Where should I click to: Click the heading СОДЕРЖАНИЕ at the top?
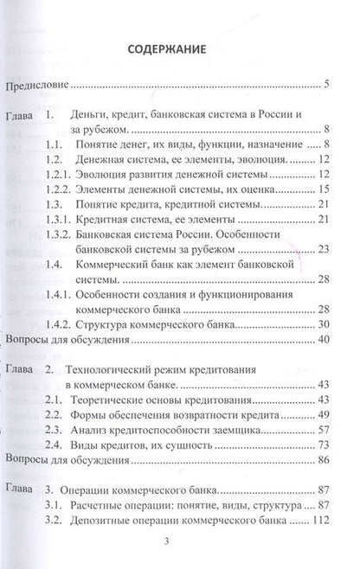(180, 48)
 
